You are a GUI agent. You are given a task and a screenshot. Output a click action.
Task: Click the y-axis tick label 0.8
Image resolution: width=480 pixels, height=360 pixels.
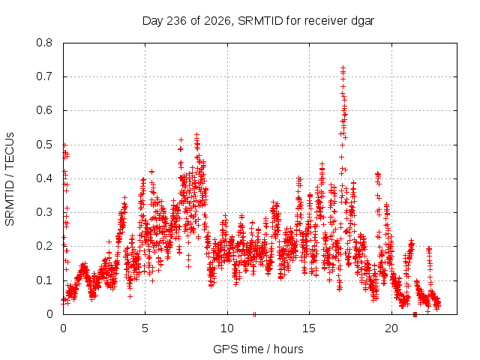coord(44,43)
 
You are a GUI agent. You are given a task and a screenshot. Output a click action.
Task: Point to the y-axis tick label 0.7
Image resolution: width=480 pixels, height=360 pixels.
coord(44,76)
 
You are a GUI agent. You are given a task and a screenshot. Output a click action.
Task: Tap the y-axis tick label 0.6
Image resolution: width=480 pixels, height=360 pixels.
coord(44,110)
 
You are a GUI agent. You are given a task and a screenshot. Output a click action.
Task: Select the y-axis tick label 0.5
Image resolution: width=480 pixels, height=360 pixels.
coord(44,145)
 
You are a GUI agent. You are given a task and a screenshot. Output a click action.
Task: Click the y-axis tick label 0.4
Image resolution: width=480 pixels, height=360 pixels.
coord(44,178)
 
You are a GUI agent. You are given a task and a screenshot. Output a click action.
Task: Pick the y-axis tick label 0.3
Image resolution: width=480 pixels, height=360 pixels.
coord(44,212)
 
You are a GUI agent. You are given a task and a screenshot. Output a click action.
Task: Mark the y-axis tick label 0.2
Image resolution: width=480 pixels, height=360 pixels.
coord(44,246)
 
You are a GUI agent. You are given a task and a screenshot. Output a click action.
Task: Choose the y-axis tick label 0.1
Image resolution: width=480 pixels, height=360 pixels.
coord(44,280)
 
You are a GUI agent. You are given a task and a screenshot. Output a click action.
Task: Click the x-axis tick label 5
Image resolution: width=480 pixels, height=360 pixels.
coord(145,328)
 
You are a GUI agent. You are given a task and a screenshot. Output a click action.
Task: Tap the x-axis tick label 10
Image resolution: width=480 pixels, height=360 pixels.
coord(227,328)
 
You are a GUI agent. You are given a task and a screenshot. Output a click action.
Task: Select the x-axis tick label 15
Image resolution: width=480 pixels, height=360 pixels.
coord(309,328)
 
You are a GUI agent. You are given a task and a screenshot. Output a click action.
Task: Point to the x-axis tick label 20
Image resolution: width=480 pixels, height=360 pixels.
coord(391,328)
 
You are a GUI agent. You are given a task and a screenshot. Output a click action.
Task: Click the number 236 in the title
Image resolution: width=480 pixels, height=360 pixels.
coord(176,21)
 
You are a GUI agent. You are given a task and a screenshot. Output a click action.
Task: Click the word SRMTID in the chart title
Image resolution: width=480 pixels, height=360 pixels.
coord(260,21)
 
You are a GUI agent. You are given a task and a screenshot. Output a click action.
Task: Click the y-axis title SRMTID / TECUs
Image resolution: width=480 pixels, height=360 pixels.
coord(10,179)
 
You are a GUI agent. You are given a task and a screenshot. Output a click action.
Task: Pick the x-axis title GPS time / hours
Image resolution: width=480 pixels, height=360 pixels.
coord(258,349)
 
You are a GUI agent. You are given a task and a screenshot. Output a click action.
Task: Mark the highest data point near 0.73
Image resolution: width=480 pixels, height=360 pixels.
coord(343,67)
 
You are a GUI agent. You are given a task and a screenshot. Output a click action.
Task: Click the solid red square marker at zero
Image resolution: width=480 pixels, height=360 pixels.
coord(415,314)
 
